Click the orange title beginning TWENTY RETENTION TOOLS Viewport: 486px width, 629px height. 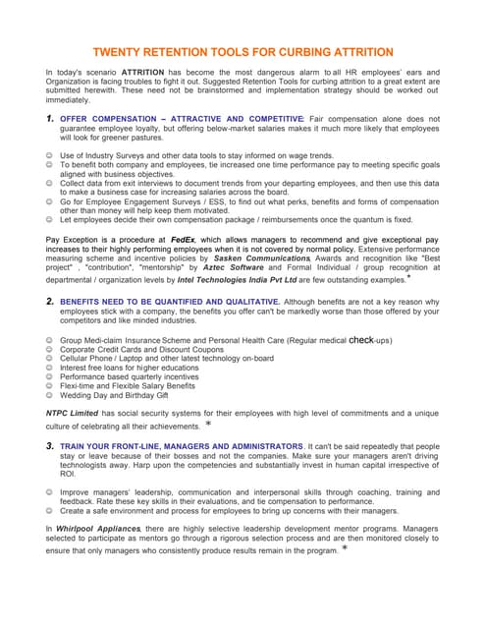(243, 52)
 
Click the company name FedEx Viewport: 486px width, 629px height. (184, 239)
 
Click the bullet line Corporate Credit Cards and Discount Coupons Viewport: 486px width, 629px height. (128, 349)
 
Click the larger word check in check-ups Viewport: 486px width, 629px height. (361, 339)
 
